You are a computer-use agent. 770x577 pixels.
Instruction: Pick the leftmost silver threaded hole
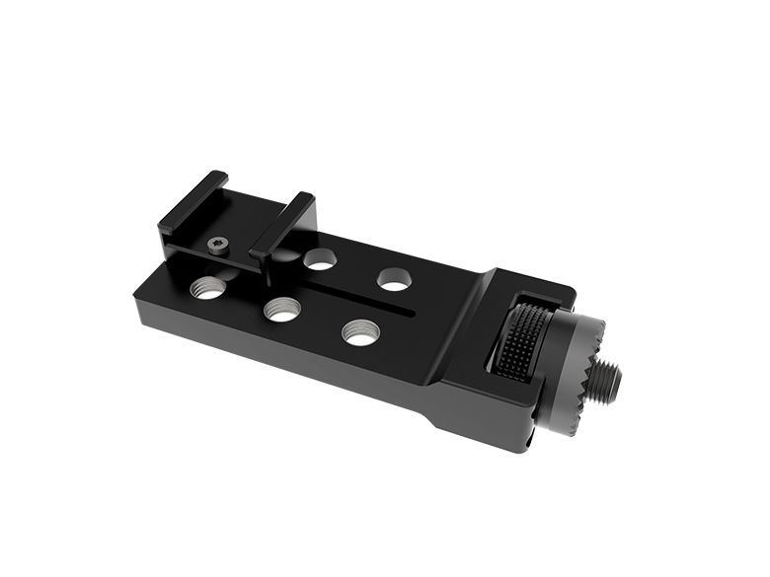(207, 287)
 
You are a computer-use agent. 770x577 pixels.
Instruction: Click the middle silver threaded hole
(280, 309)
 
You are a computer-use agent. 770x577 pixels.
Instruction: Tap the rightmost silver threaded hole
(359, 331)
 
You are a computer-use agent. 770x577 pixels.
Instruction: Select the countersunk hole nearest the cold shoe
(318, 259)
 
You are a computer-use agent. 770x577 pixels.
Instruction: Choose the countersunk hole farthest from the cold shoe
(393, 277)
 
